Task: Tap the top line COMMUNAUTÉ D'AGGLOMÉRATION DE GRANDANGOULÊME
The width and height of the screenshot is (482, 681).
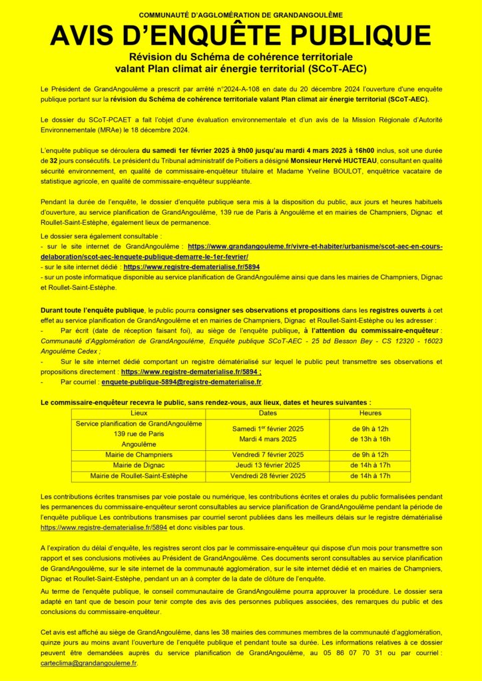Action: [241, 15]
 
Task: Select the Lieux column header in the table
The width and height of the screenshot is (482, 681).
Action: [139, 414]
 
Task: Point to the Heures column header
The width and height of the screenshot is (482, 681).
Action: [370, 414]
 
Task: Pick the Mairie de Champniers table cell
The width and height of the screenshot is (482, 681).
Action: [139, 454]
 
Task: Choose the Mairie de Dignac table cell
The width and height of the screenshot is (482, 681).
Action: [139, 465]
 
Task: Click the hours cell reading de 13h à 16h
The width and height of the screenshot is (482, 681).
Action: [371, 439]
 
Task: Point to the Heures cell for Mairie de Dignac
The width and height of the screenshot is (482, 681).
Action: [371, 465]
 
